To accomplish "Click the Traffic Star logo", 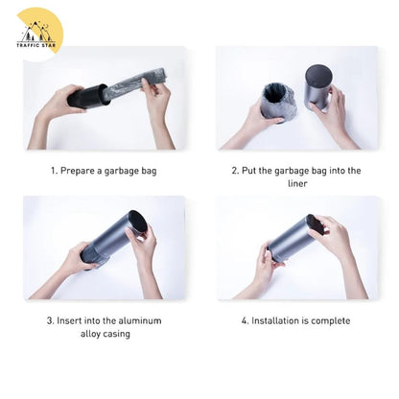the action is [37, 33].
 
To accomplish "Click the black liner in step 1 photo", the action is [87, 96].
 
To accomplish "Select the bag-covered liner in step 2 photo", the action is [278, 103].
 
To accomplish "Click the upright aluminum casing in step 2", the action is [318, 87].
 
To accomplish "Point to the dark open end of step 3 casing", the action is [138, 222].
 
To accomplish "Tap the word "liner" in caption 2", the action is [297, 184].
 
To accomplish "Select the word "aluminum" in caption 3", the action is [140, 320].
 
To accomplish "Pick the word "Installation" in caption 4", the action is [274, 320].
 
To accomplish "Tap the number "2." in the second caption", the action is [235, 171].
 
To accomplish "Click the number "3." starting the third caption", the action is [51, 320].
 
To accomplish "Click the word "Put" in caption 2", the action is [248, 171].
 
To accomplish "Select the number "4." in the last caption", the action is [246, 320].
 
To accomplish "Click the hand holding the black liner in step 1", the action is [59, 103].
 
